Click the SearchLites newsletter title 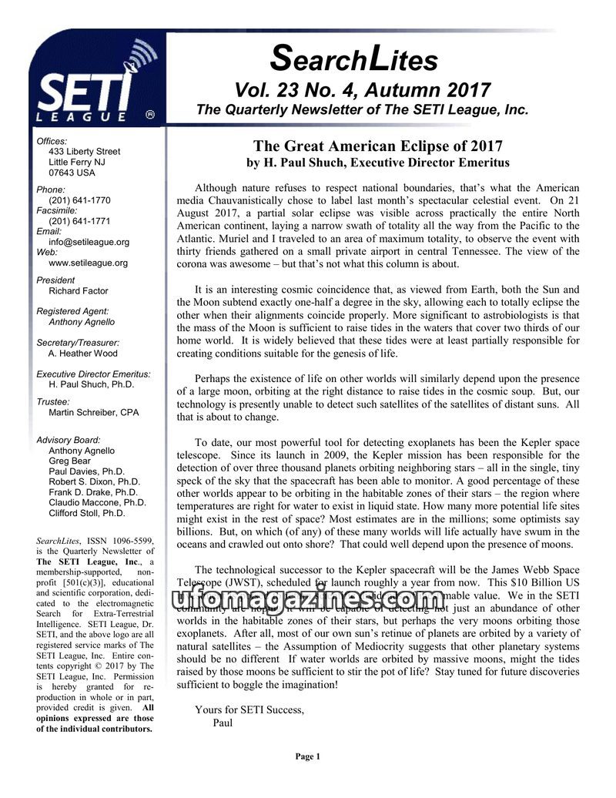[355, 58]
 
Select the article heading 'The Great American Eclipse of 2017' [377, 146]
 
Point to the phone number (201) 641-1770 [79, 199]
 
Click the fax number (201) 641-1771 [79, 220]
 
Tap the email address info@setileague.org [89, 242]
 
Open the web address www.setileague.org [88, 263]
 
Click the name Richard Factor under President [79, 291]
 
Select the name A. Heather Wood [83, 354]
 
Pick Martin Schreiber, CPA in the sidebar [94, 413]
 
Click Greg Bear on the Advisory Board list [69, 461]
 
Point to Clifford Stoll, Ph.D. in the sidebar [86, 513]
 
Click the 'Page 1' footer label [307, 756]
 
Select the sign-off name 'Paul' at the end [223, 723]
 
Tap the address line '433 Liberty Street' [84, 152]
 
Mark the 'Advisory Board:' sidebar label [70, 440]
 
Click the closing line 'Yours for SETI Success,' [249, 709]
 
